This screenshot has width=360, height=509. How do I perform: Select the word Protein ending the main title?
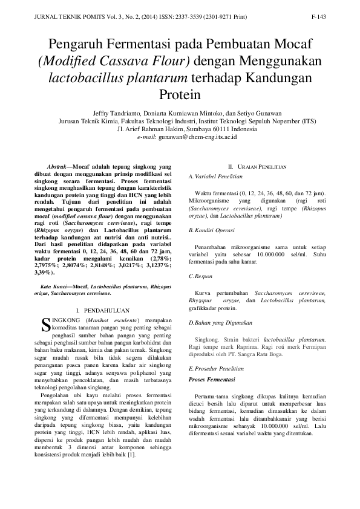point(179,94)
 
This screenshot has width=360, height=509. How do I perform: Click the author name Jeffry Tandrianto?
point(117,113)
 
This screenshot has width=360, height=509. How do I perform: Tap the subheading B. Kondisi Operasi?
point(212,231)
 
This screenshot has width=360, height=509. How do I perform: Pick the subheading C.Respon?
point(200,276)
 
